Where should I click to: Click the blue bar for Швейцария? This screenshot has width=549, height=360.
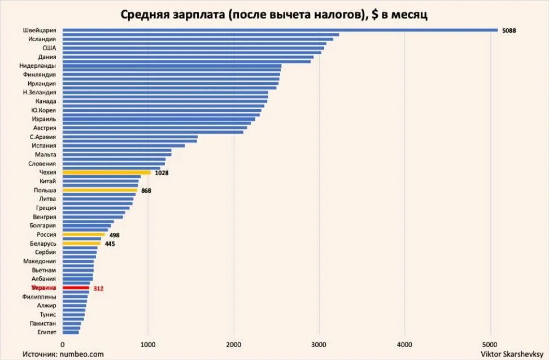click(280, 30)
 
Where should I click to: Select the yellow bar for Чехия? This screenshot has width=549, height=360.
click(106, 172)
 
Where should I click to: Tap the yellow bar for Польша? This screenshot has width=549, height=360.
click(99, 190)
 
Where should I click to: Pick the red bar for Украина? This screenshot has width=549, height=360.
click(76, 288)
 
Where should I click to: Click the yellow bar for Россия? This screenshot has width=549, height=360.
click(84, 234)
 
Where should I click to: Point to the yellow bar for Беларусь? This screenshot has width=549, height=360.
click(81, 243)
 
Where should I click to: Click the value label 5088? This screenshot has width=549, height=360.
click(509, 31)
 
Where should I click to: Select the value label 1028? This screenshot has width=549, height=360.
click(162, 173)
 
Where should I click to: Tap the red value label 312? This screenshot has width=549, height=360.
click(98, 288)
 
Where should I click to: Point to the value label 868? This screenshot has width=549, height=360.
click(146, 191)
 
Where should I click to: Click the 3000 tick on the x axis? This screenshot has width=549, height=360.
click(319, 344)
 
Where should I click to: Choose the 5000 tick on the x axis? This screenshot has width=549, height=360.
click(490, 344)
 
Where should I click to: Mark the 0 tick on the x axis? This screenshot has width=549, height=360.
click(62, 344)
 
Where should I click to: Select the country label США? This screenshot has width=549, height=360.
click(49, 48)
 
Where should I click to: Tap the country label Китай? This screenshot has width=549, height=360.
click(48, 181)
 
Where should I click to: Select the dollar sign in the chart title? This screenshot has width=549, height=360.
click(374, 14)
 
